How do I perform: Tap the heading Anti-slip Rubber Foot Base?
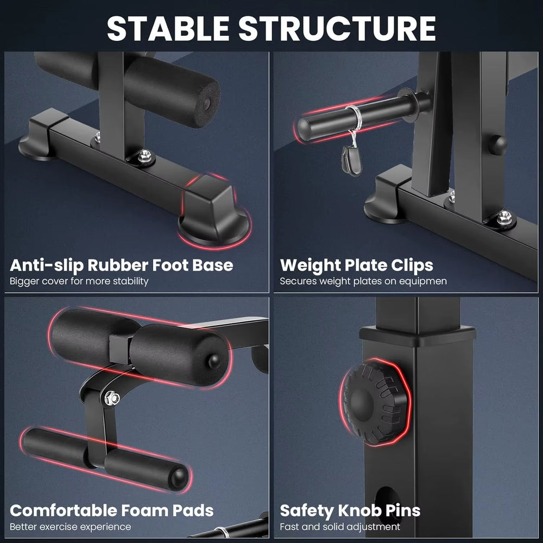[122, 265]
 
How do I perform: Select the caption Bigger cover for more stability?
[79, 281]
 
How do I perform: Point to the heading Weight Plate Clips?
[356, 265]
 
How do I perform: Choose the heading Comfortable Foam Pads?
[112, 510]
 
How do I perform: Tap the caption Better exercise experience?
[71, 527]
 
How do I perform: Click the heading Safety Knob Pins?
[350, 510]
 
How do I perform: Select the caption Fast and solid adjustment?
[340, 527]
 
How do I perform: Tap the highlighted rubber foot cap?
[214, 212]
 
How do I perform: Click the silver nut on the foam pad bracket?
[112, 397]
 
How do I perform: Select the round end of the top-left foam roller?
[209, 101]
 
